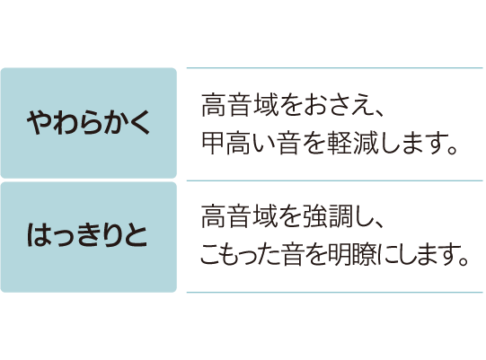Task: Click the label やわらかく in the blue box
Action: point(88,123)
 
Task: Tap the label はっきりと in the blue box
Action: point(87,235)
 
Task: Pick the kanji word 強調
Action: point(328,216)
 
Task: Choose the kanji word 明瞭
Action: point(353,255)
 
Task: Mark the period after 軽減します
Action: point(453,150)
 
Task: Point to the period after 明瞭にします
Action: point(463,262)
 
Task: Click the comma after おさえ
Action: point(380,112)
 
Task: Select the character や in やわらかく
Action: point(39,123)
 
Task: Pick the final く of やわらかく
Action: point(139,123)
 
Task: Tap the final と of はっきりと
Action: point(136,235)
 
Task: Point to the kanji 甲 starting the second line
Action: point(213,143)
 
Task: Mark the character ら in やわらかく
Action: point(88,123)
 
